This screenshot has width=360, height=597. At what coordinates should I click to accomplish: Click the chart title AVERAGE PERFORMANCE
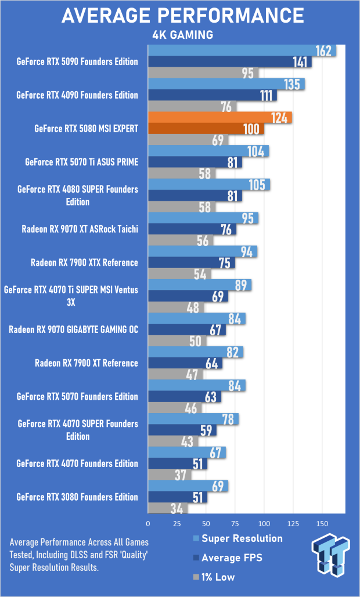coord(182,16)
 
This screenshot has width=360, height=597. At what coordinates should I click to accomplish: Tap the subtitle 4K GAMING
coord(182,35)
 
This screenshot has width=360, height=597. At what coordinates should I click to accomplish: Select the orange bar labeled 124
coord(220,118)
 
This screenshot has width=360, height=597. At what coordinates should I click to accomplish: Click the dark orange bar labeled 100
coord(206,129)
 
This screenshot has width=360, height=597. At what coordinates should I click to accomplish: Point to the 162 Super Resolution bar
coord(242,50)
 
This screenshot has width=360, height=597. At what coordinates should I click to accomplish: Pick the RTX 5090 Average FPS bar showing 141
coord(230,61)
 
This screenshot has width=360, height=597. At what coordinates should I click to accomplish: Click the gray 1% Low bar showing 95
coord(203,73)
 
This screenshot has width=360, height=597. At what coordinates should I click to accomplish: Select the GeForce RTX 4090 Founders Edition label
coord(77,95)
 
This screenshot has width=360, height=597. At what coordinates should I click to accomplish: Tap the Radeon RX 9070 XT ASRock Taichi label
coord(80,229)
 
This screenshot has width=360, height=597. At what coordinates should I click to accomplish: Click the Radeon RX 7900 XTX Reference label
coord(84,263)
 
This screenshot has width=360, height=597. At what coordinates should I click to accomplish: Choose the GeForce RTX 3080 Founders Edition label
coord(77,497)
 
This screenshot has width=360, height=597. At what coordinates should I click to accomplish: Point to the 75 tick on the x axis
coord(235,523)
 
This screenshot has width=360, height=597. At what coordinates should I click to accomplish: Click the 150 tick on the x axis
coord(322,523)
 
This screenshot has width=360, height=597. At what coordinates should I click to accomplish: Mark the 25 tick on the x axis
coord(177,523)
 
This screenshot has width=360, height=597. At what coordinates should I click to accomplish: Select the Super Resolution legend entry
coord(238,538)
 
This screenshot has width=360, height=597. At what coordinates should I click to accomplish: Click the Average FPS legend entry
coord(228,558)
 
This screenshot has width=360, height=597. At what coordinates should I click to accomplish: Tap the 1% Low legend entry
coord(214,577)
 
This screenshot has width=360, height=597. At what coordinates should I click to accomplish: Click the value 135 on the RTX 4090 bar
coord(292,84)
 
